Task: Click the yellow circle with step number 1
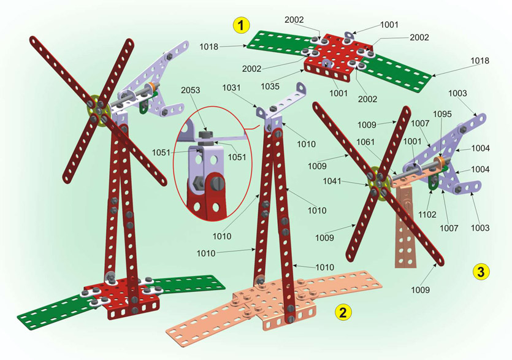point(241,25)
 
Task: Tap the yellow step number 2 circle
point(343,312)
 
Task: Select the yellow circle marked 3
point(481,272)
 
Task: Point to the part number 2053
point(191,90)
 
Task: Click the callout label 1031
point(232,88)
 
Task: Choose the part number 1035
point(270,86)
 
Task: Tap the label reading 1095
point(442,114)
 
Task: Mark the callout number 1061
point(365,142)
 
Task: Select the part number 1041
point(332,181)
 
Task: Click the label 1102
point(427,215)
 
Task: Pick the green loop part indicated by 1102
point(433,182)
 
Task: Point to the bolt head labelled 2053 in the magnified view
point(205,134)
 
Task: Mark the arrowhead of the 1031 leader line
point(259,107)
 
